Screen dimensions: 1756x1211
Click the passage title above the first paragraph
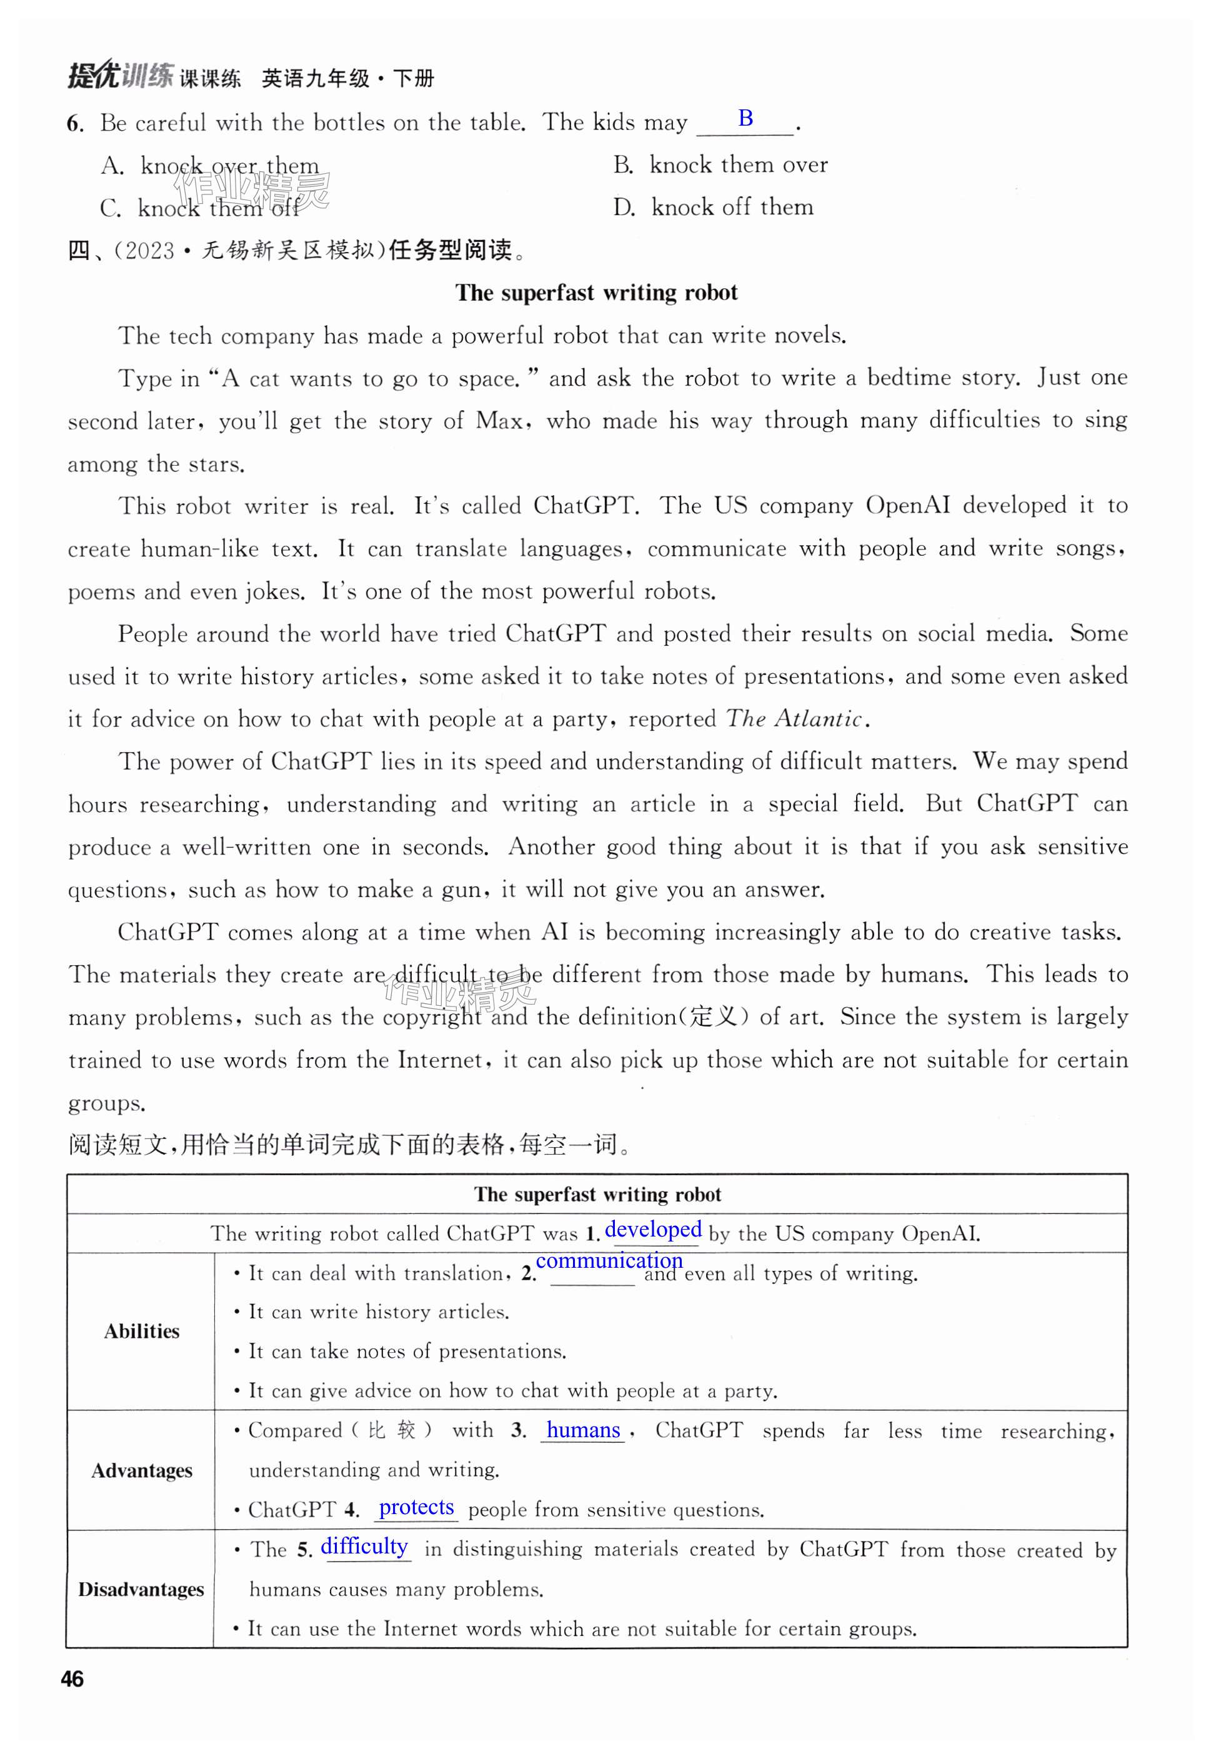point(596,293)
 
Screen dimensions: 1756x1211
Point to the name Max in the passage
point(499,421)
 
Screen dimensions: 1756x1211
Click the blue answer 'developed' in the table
point(652,1230)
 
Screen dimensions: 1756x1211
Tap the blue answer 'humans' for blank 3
point(583,1430)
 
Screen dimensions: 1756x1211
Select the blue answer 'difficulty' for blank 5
point(364,1546)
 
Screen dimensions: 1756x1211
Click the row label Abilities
point(142,1331)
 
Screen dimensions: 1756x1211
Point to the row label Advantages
point(142,1471)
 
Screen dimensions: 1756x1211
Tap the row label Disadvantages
point(141,1589)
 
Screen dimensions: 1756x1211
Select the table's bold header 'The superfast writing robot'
point(597,1195)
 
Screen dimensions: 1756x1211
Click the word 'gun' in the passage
point(461,890)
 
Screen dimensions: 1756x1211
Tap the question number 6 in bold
point(74,123)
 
